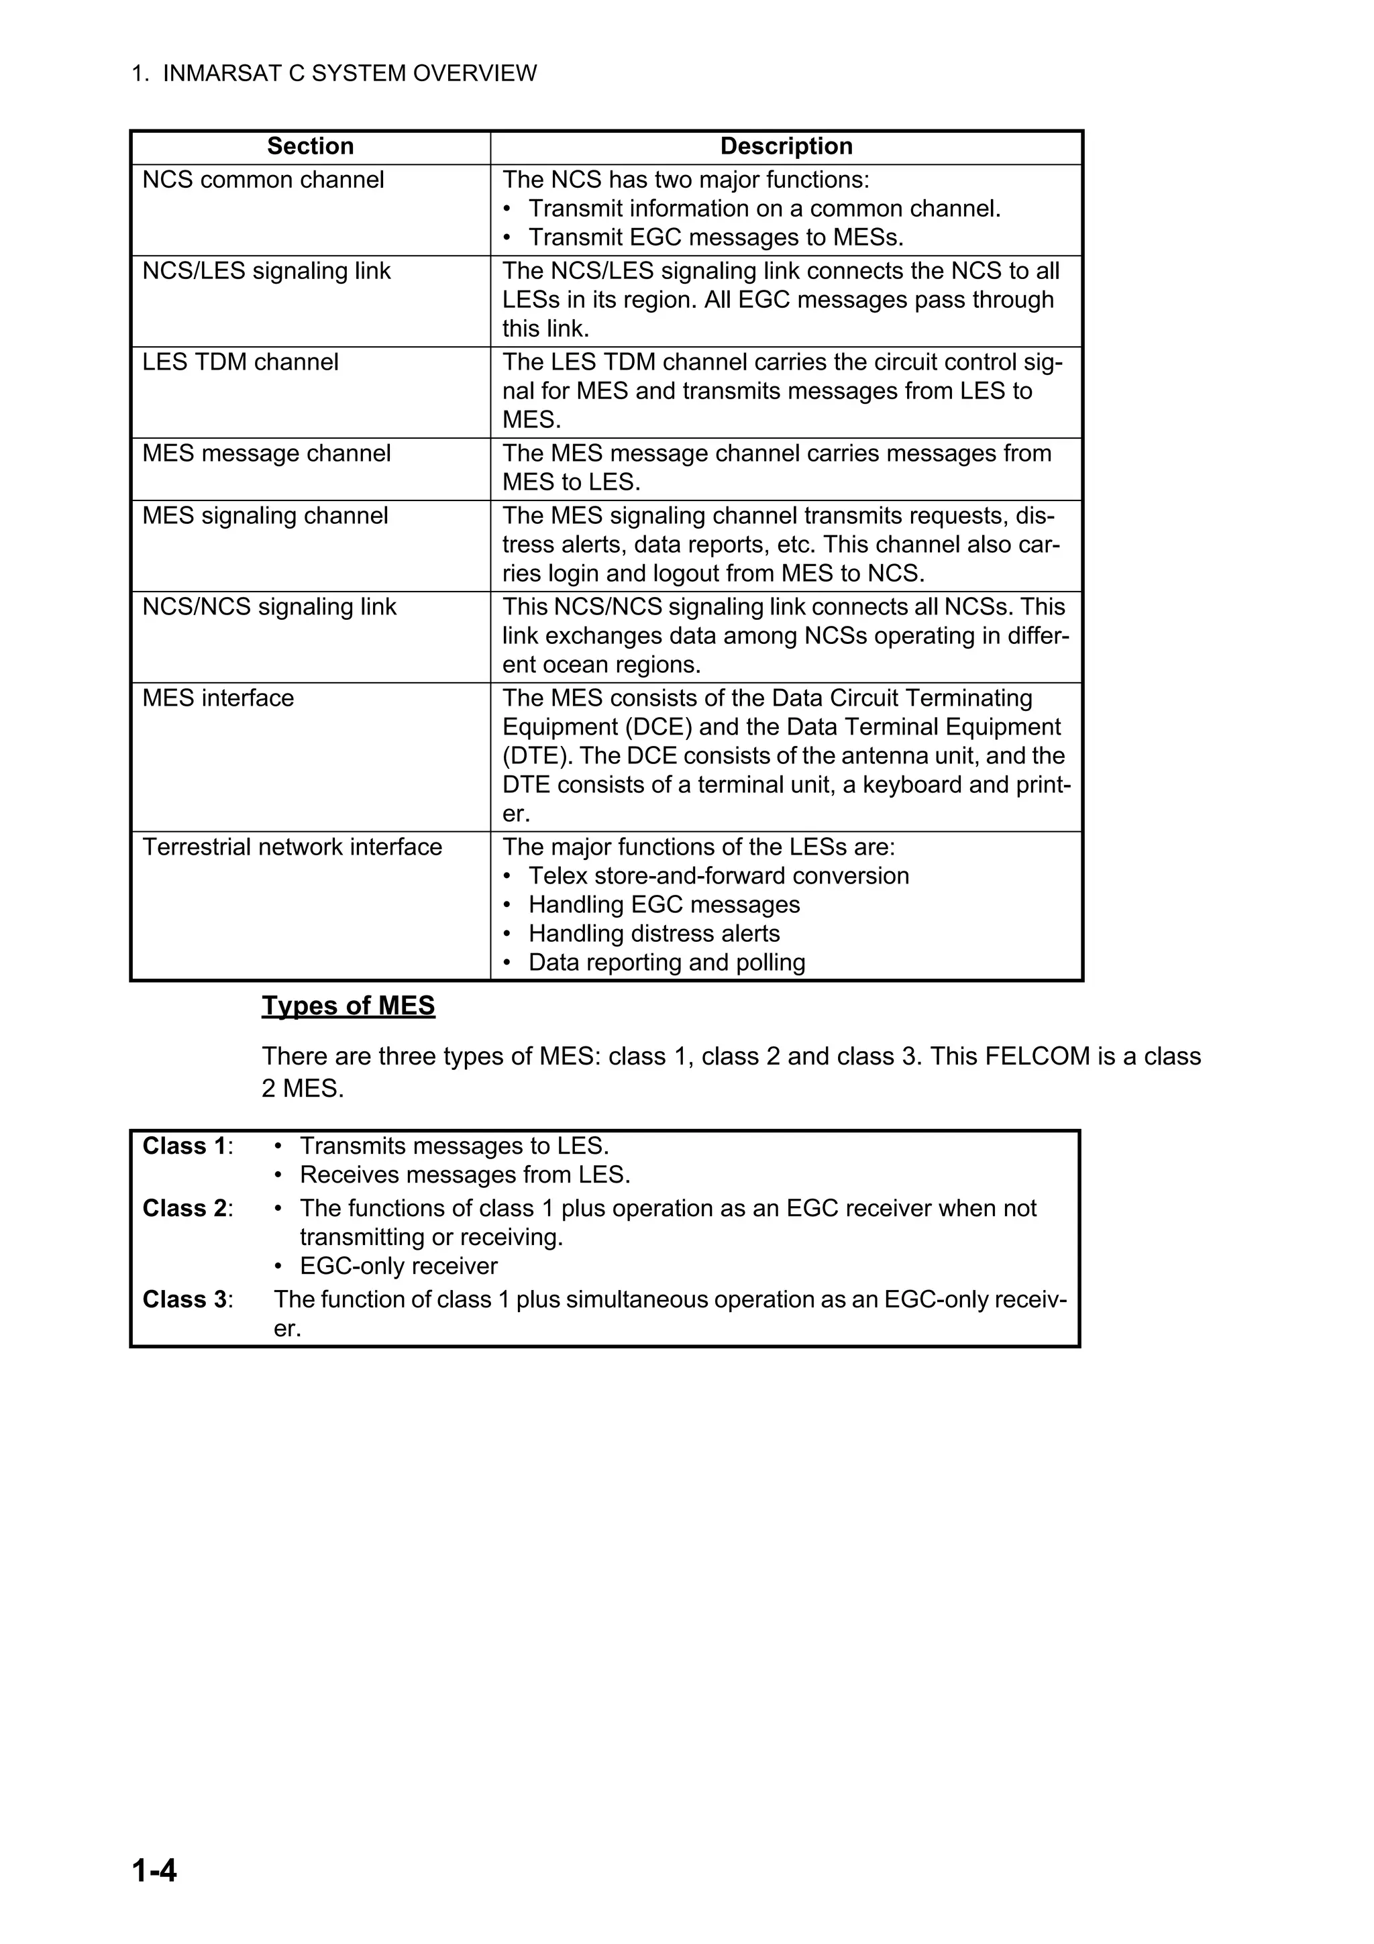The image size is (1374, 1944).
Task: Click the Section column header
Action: (311, 146)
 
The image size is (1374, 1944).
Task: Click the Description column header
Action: (786, 146)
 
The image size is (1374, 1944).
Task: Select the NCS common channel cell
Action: (263, 180)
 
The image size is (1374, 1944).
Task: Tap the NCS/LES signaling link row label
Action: (266, 271)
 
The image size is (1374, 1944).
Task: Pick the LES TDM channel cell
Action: (240, 362)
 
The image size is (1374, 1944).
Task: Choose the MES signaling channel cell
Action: (265, 516)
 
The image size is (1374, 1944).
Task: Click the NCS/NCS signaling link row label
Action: (269, 607)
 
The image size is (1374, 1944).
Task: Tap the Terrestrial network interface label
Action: (292, 847)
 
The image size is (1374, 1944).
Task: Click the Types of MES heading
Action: (348, 1005)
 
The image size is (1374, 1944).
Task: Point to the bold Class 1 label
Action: (184, 1146)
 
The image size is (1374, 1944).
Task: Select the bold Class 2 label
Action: (184, 1208)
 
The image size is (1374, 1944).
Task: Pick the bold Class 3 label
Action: (184, 1299)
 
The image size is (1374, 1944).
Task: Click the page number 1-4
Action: (154, 1870)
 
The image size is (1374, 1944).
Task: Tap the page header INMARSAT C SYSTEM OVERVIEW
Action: (349, 74)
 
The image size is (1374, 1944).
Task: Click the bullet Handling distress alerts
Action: (653, 933)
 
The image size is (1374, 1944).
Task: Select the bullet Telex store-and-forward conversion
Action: (718, 875)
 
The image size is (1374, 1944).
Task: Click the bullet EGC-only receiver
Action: (398, 1266)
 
